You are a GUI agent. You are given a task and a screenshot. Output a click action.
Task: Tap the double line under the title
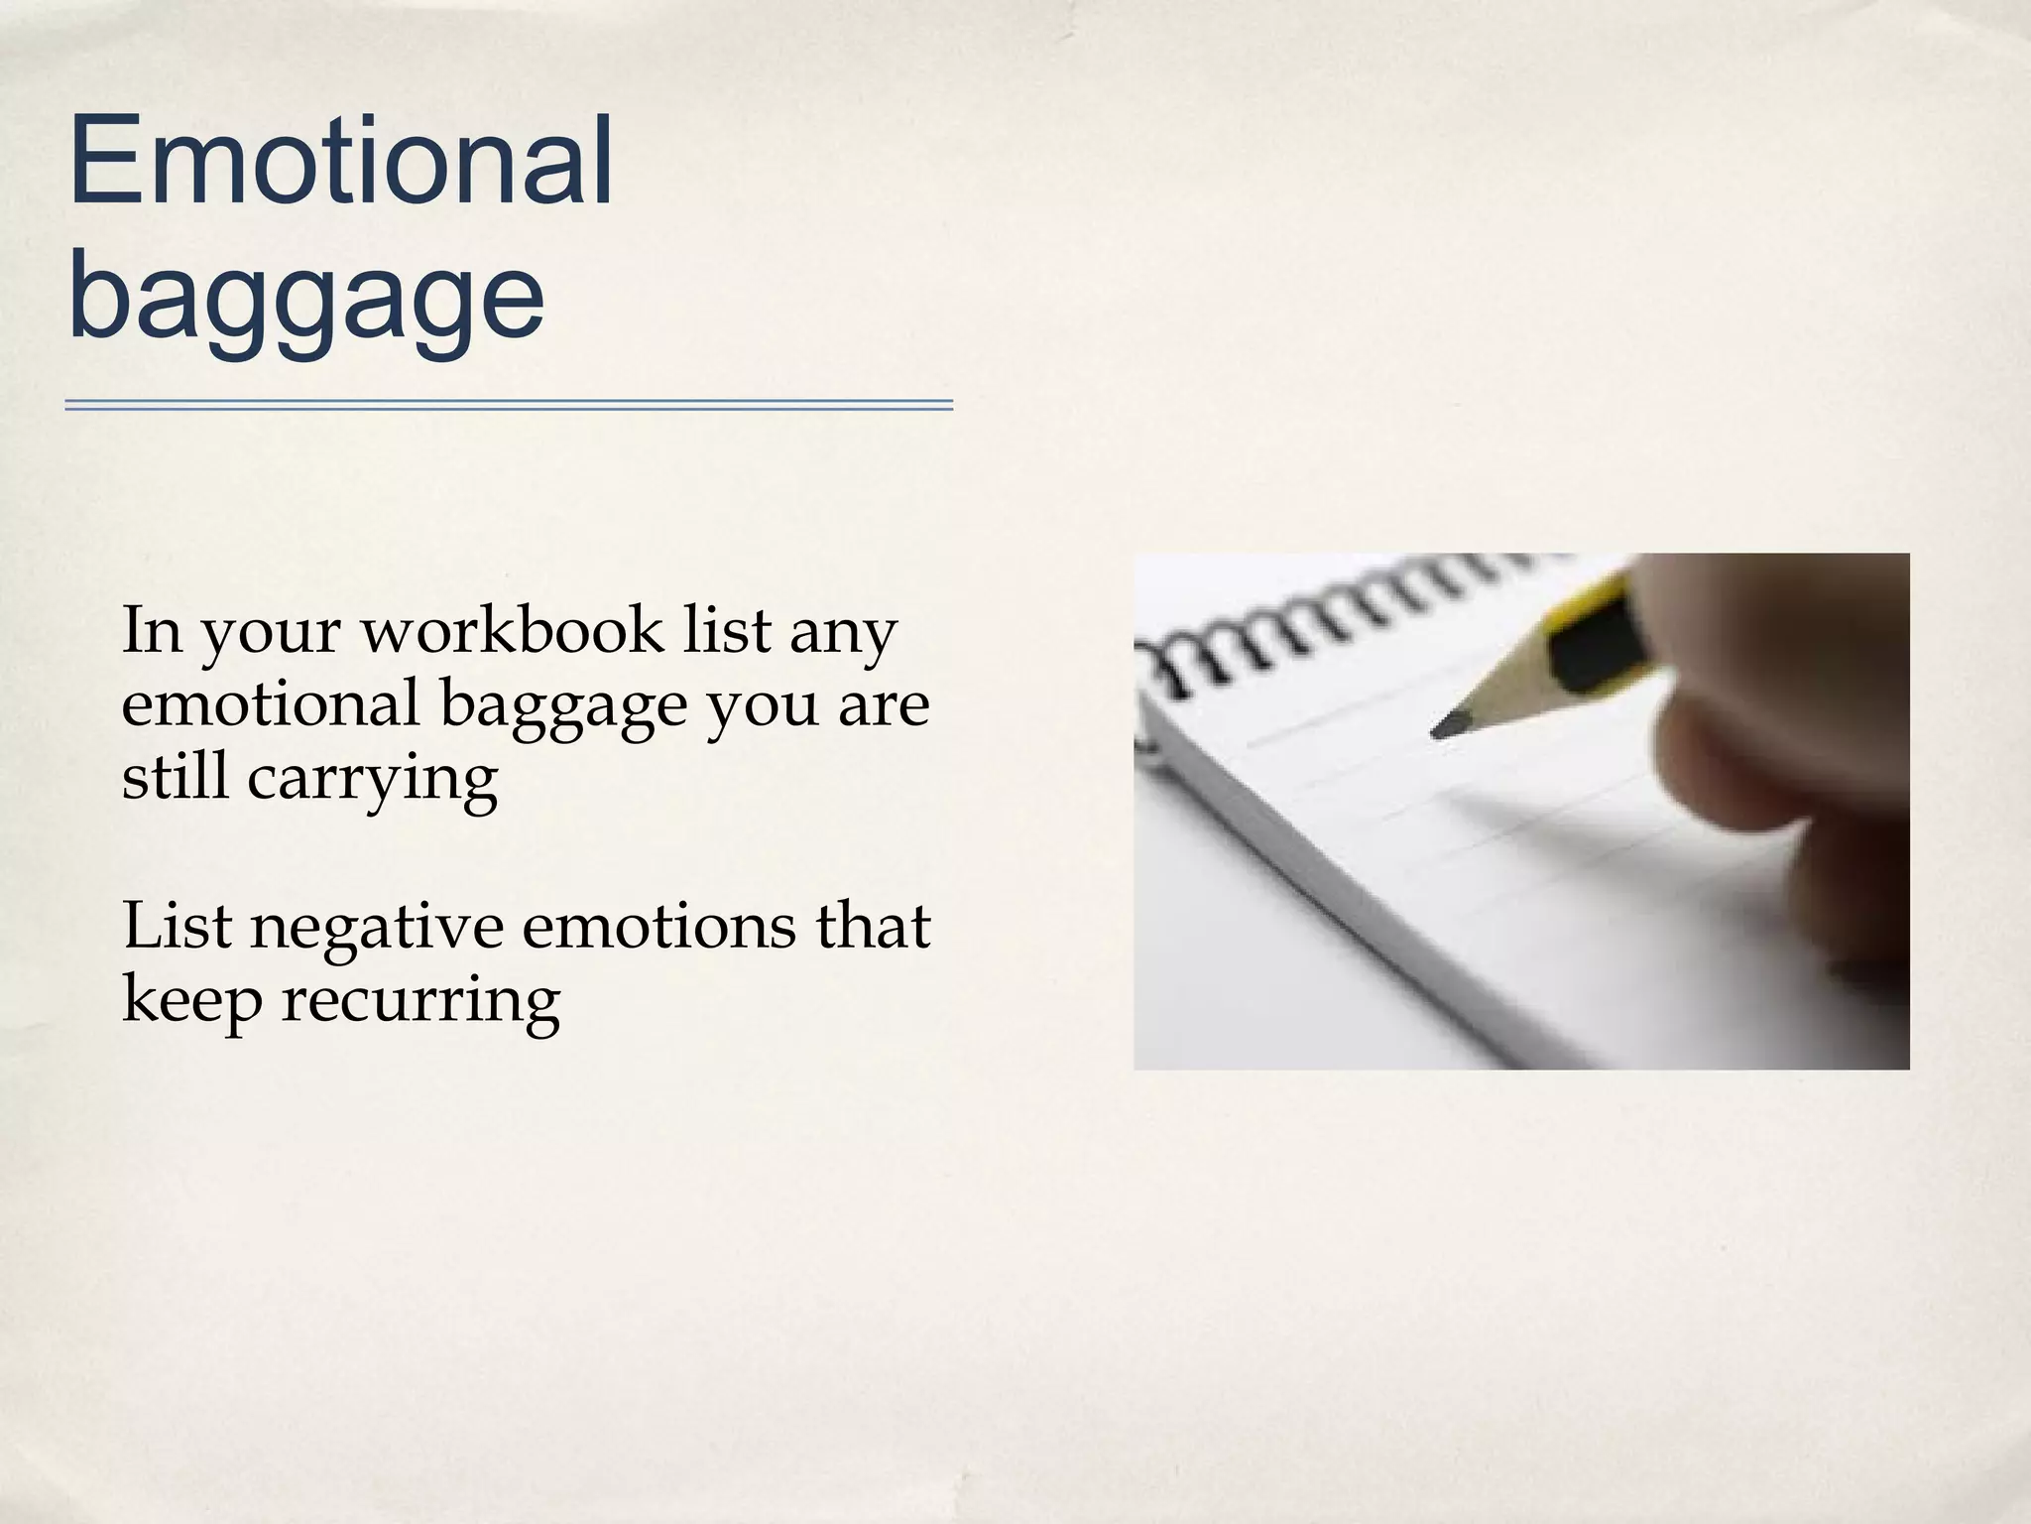coord(509,405)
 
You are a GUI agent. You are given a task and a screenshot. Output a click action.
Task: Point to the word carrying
coord(372,779)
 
